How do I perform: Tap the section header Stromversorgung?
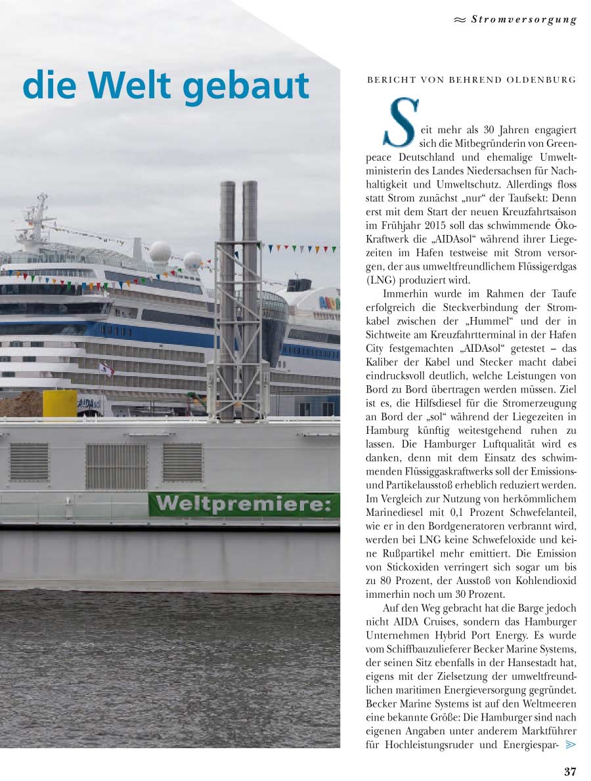[x=523, y=19]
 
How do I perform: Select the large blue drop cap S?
[x=400, y=123]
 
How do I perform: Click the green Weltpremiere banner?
[x=244, y=505]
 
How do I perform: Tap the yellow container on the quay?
[x=60, y=403]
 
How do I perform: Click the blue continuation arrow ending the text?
[x=570, y=744]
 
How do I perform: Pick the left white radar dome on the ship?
[x=160, y=252]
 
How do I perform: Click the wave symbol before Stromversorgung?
[x=460, y=20]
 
